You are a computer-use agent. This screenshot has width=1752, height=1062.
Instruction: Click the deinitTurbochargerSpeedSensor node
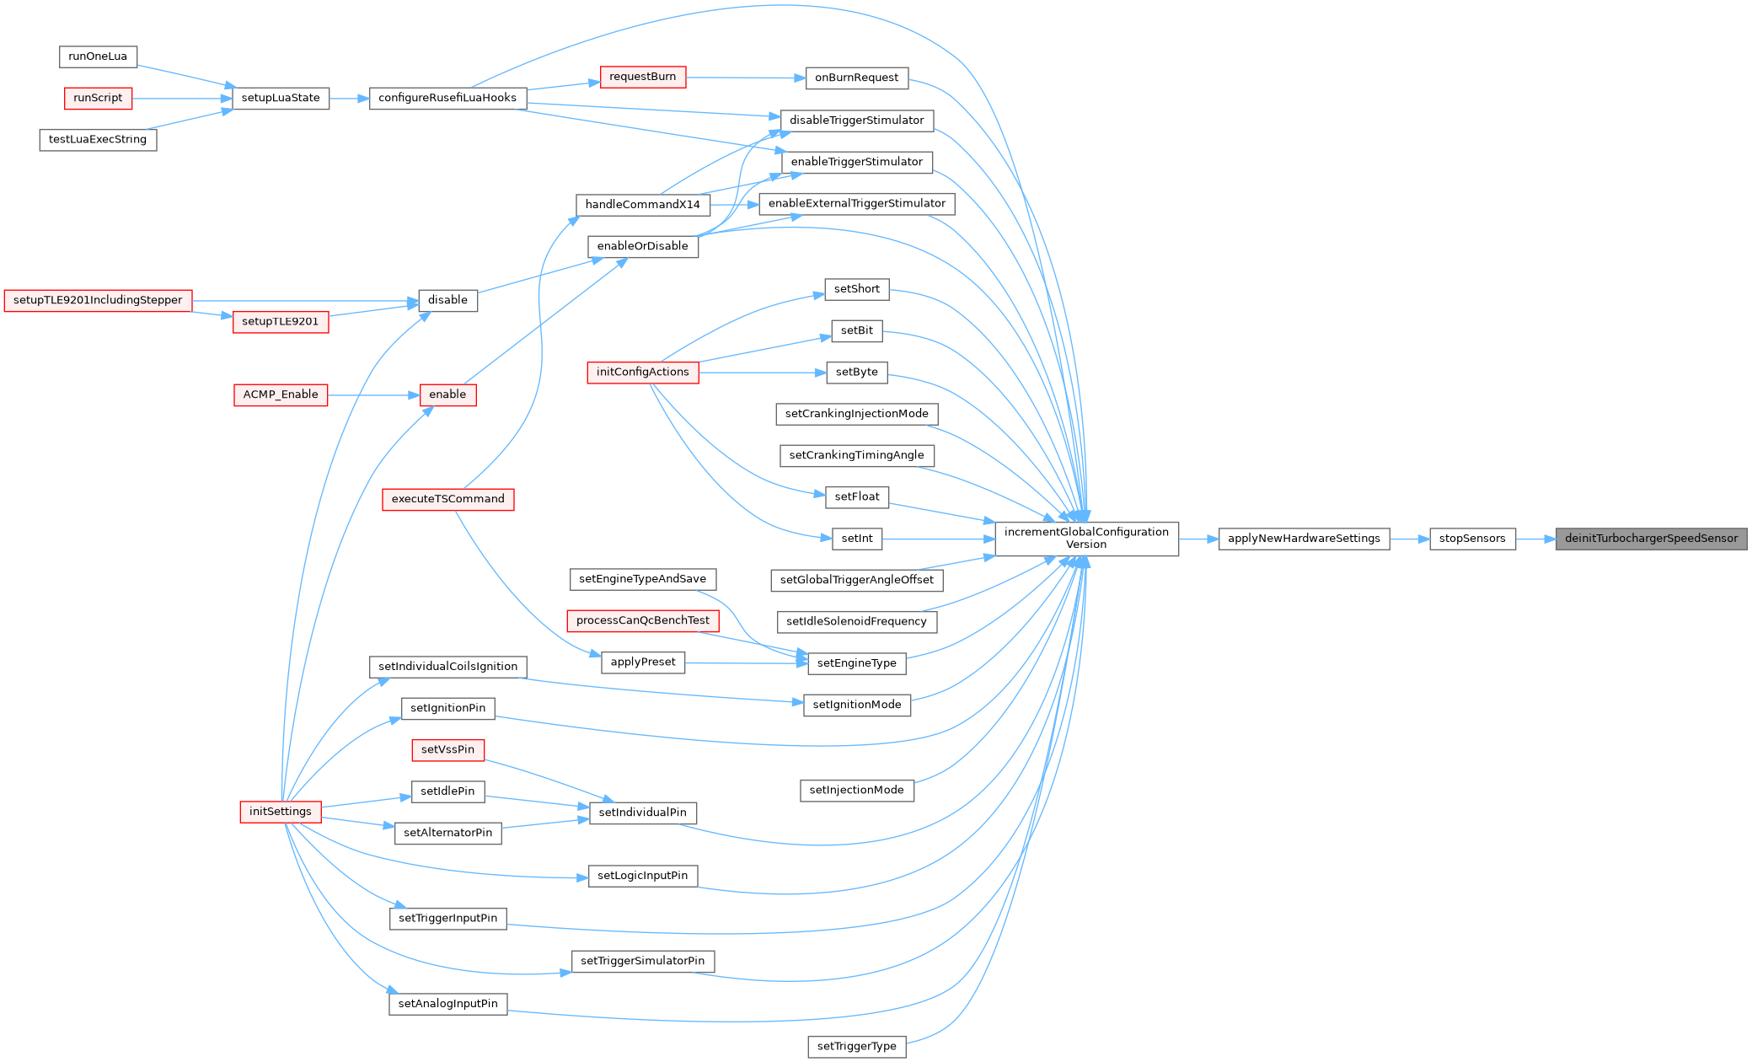point(1651,539)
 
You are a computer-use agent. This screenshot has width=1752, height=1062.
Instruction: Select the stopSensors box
point(1471,539)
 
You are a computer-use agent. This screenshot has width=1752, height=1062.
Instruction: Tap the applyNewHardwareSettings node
point(1304,539)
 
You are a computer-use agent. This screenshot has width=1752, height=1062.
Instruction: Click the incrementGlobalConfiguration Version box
point(1086,539)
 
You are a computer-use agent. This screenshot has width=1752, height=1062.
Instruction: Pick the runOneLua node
point(98,56)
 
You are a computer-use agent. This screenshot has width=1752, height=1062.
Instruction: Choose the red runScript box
point(98,98)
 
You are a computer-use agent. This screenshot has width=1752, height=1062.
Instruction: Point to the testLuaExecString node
point(98,139)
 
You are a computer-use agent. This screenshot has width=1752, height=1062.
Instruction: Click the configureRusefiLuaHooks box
point(447,98)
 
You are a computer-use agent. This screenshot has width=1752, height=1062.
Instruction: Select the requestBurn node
point(642,77)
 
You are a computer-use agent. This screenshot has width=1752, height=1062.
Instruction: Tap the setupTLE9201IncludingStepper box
point(98,300)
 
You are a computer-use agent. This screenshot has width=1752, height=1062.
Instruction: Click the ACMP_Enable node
point(281,394)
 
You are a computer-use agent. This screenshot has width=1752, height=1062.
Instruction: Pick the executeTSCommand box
point(447,499)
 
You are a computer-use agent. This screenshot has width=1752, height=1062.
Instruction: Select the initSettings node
point(281,812)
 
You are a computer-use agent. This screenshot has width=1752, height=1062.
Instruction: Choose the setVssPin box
point(447,749)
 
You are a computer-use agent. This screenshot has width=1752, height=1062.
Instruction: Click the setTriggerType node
point(856,1047)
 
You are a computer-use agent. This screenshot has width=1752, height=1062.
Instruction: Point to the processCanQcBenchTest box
point(642,620)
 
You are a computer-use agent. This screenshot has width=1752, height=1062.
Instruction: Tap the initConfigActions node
point(642,372)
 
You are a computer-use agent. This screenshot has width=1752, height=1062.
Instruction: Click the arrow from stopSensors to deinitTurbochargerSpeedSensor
point(1535,539)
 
